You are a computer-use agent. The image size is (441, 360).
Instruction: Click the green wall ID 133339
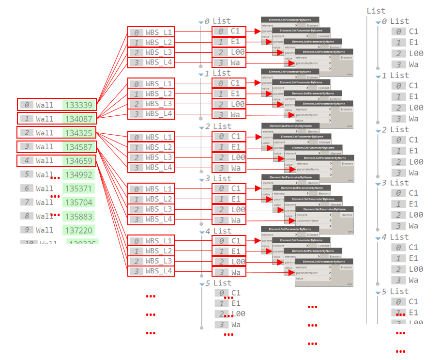[79, 105]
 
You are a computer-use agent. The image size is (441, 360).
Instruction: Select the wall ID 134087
[79, 119]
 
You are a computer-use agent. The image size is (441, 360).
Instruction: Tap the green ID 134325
[79, 133]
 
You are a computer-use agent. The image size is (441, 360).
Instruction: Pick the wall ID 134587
[79, 147]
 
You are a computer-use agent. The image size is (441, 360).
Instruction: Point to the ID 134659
[79, 160]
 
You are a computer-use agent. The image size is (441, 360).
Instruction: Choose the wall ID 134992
[79, 174]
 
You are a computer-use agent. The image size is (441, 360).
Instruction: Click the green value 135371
[79, 188]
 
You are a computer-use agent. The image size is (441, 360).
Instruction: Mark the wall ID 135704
[79, 202]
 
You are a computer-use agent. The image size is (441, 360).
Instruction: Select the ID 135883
[79, 216]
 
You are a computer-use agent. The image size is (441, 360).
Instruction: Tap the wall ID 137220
[79, 230]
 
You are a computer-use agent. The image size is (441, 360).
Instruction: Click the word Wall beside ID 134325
[45, 133]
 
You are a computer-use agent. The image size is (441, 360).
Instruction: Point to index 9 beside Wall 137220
[27, 230]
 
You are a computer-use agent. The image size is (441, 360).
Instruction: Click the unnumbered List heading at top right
[376, 11]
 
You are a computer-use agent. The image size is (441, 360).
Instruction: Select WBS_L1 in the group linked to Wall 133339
[159, 32]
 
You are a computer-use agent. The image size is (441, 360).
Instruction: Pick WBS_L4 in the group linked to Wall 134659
[159, 271]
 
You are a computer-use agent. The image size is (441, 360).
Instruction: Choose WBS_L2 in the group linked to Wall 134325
[159, 147]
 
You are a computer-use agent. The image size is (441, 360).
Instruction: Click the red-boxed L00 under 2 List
[238, 157]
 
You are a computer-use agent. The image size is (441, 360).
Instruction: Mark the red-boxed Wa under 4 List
[235, 272]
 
